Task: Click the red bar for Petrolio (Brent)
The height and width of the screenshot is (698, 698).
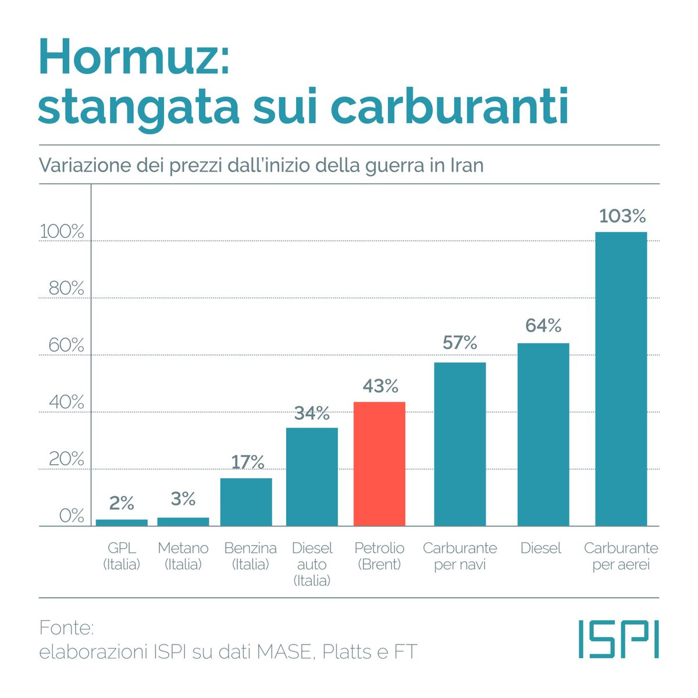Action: pyautogui.click(x=379, y=464)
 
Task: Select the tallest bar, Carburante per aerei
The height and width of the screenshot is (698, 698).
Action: pyautogui.click(x=621, y=379)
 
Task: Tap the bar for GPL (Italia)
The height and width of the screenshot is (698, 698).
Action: pyautogui.click(x=122, y=522)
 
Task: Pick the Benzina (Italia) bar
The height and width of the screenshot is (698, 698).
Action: pyautogui.click(x=246, y=501)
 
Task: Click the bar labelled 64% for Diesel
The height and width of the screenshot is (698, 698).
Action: pyautogui.click(x=543, y=434)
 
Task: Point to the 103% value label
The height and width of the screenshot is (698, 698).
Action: pyautogui.click(x=622, y=216)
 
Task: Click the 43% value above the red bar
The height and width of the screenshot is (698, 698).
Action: pyautogui.click(x=380, y=386)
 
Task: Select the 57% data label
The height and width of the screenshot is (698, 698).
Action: pyautogui.click(x=460, y=343)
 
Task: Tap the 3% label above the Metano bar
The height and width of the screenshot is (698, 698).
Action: pyautogui.click(x=183, y=498)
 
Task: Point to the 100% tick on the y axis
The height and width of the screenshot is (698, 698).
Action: pyautogui.click(x=62, y=232)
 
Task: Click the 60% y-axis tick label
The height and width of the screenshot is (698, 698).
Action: pyautogui.click(x=66, y=345)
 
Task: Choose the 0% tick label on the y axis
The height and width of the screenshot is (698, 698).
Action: pyautogui.click(x=71, y=516)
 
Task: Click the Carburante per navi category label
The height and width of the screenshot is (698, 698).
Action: pyautogui.click(x=460, y=556)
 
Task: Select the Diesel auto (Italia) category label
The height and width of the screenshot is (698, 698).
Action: pyautogui.click(x=312, y=564)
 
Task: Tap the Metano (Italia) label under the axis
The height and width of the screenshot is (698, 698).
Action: pyautogui.click(x=183, y=556)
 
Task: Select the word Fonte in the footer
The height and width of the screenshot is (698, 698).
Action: pyautogui.click(x=66, y=628)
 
